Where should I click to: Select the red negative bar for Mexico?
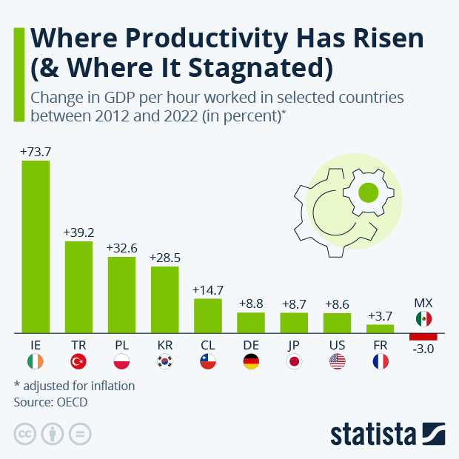[423, 337]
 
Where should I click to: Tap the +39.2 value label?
[78, 232]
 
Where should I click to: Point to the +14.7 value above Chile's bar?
[207, 289]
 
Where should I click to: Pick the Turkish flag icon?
[78, 362]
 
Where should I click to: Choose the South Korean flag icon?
[164, 362]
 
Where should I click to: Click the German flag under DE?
[251, 362]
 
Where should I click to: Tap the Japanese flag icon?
[294, 362]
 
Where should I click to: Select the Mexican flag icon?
[423, 319]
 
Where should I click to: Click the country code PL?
[121, 344]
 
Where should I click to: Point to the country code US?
[337, 344]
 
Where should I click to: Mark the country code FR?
[380, 344]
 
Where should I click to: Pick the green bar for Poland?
[121, 295]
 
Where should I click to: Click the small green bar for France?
[380, 328]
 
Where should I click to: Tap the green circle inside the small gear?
[367, 194]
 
